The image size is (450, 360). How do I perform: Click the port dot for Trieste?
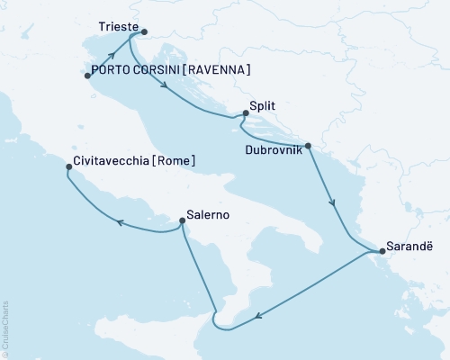145,31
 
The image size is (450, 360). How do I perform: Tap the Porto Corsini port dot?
87,76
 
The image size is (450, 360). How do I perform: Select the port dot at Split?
244,113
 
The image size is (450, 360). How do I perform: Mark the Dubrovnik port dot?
309,145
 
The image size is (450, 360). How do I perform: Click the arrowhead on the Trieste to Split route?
166,86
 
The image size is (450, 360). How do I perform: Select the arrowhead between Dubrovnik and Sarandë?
334,203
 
